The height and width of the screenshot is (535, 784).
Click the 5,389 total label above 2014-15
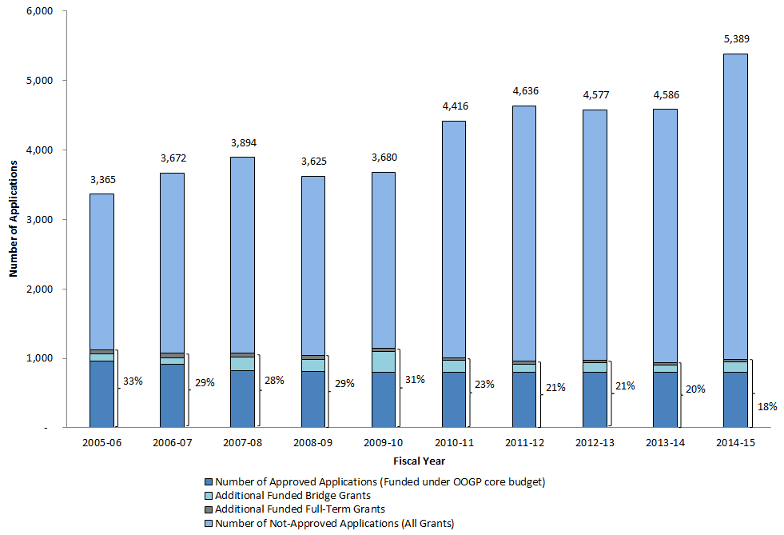point(735,38)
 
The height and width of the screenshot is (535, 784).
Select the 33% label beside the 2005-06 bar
point(132,381)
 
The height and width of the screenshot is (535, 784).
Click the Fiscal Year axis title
point(419,461)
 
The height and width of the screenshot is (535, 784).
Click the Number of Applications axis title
point(14,218)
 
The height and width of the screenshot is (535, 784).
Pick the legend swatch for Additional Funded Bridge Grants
point(209,496)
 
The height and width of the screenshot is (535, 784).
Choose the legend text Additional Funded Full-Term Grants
point(300,509)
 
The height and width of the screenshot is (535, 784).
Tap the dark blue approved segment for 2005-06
point(101,394)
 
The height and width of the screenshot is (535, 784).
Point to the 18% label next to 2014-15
point(766,406)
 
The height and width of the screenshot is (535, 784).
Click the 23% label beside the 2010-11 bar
point(484,385)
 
